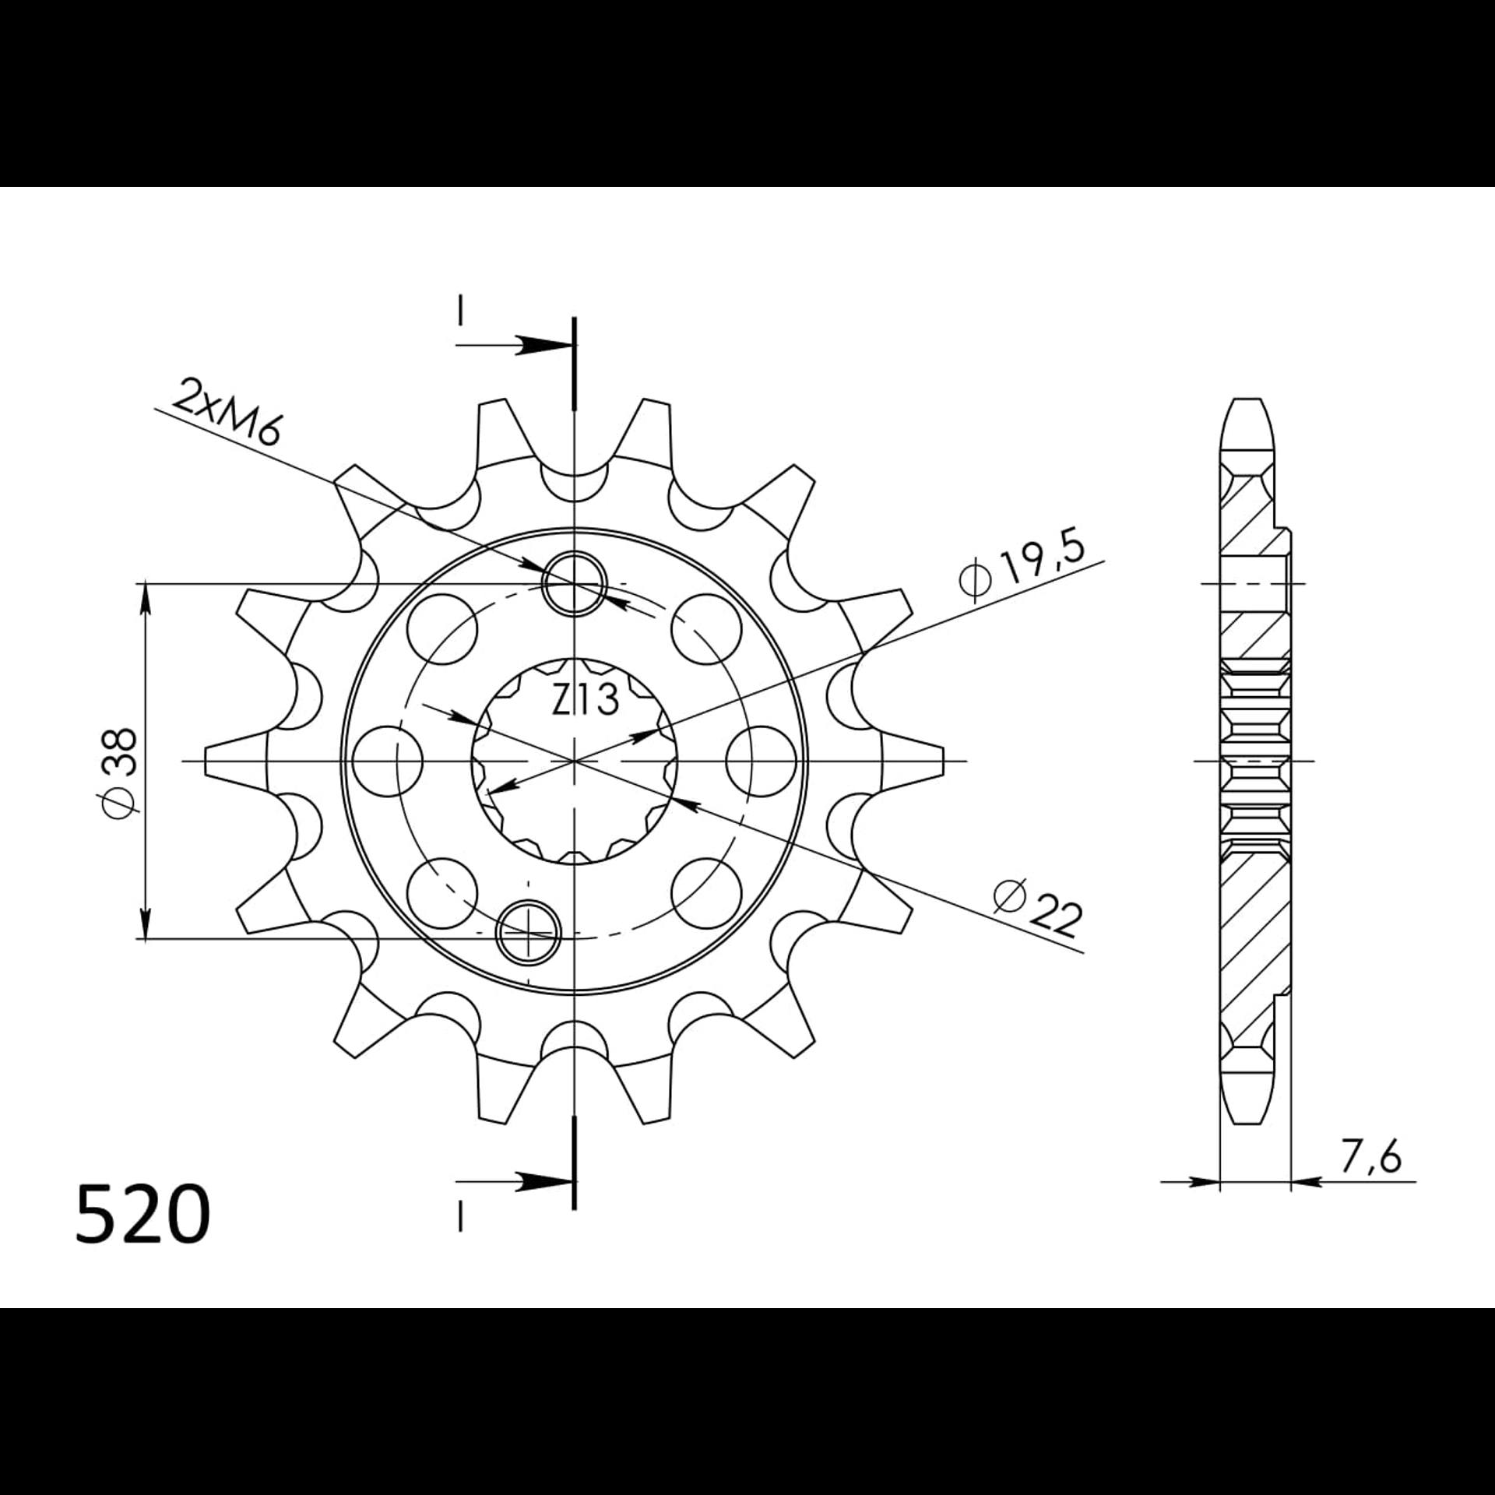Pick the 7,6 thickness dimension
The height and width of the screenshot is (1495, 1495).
tap(1370, 1178)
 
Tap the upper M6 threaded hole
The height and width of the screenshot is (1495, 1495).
tap(575, 583)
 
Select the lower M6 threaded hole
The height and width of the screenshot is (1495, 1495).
tap(529, 931)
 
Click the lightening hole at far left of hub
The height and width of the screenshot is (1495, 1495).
tap(387, 761)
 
